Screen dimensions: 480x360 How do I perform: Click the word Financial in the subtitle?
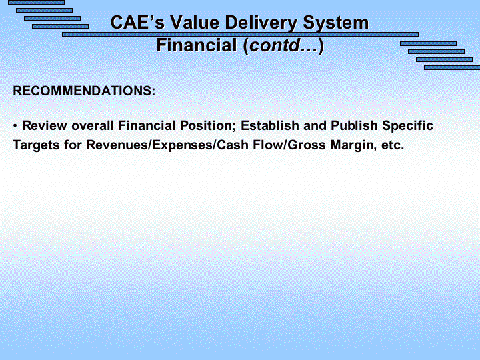click(197, 45)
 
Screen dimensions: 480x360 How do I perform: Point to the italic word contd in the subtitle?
click(275, 45)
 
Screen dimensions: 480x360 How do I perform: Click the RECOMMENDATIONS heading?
click(84, 91)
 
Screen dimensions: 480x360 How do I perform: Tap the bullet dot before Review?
click(15, 126)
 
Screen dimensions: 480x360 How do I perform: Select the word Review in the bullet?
click(45, 125)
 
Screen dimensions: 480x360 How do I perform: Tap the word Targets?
click(36, 145)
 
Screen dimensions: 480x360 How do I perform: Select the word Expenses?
click(183, 145)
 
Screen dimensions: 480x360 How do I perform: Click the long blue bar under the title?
click(240, 34)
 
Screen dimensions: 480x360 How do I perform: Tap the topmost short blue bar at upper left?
click(37, 2)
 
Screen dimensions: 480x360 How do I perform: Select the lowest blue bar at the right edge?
click(452, 67)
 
